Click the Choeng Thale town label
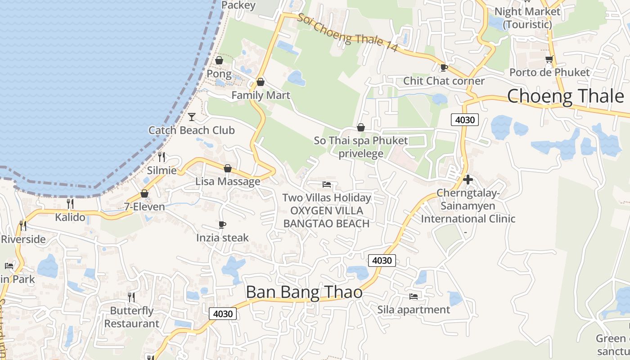point(566,96)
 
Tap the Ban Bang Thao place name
point(304,292)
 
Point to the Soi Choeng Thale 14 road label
point(347,32)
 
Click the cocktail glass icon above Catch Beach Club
point(192,117)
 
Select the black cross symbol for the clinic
point(468,180)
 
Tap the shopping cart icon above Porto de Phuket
point(549,59)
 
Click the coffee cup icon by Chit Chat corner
point(444,68)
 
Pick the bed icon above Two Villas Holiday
point(327,184)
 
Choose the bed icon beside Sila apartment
point(414,297)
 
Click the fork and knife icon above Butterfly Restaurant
point(131,297)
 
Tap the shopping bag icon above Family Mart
point(260,82)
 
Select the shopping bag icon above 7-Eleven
point(144,193)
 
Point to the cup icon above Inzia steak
point(222,225)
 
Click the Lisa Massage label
point(228,181)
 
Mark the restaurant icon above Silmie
point(162,157)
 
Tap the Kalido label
point(70,217)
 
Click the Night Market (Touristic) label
point(527,18)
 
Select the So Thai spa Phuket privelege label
point(361,147)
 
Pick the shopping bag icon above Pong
point(219,60)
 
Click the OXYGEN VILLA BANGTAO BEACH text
point(327,217)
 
